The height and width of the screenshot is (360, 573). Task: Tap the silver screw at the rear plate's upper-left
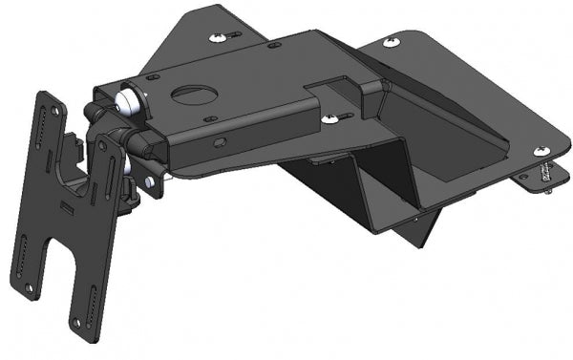coord(221,35)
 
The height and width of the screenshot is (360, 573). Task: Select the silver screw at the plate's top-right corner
coord(392,42)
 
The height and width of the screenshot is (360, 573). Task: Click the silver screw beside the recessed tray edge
coord(330,118)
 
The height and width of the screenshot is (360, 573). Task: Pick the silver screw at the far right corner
coord(541,151)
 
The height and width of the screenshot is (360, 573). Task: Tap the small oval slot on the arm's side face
coord(221,142)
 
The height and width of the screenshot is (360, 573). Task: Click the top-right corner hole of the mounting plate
coord(105,143)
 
